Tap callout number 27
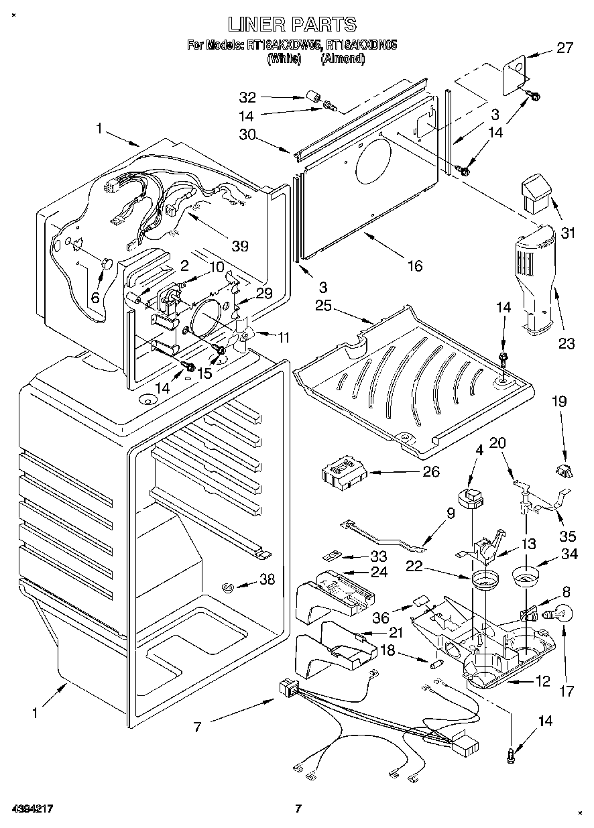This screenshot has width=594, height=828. (x=566, y=47)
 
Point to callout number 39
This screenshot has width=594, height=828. (x=239, y=246)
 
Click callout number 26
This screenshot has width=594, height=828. (x=430, y=472)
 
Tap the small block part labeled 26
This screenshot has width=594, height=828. (x=343, y=473)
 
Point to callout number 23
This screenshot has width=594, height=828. (x=567, y=344)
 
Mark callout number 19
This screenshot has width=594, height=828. (x=559, y=402)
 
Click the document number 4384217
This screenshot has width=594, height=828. (x=33, y=809)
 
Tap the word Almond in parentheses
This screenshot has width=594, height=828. (x=343, y=58)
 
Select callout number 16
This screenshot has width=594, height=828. (x=415, y=266)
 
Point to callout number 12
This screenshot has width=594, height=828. (x=542, y=682)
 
